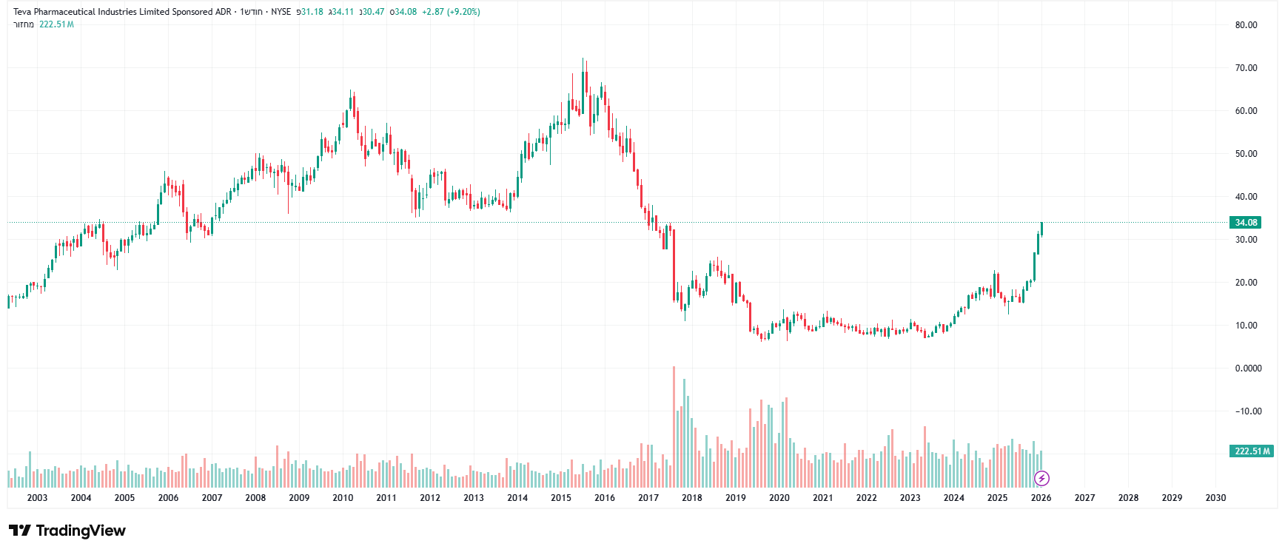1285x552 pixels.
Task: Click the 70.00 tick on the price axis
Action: (1246, 68)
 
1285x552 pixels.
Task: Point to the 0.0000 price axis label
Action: (1248, 368)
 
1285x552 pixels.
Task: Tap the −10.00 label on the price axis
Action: (1248, 411)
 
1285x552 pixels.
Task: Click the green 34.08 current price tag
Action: (1246, 223)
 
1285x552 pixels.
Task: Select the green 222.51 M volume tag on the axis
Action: (1252, 451)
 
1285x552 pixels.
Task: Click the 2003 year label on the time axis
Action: (37, 498)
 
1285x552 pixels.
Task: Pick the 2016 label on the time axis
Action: (605, 498)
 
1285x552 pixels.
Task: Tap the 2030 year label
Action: (1215, 498)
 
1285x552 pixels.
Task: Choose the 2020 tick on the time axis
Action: (779, 498)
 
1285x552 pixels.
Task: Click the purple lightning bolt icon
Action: (1041, 478)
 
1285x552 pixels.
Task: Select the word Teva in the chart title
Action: (23, 12)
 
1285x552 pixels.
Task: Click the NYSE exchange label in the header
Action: (281, 12)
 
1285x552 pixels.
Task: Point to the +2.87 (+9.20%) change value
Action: (451, 12)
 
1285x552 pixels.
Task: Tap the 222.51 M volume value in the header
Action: (56, 24)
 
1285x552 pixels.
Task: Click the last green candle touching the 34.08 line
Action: (1041, 228)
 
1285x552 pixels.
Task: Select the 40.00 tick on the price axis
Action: (1246, 197)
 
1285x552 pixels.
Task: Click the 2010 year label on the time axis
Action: (343, 498)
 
